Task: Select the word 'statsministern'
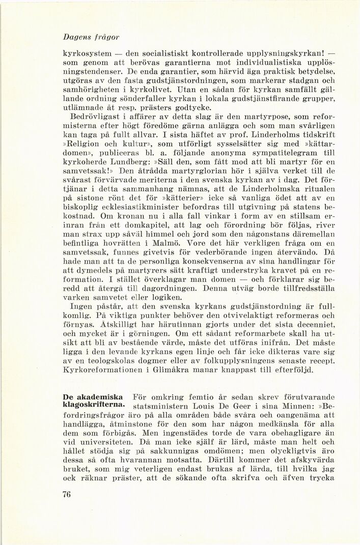point(163,406)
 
